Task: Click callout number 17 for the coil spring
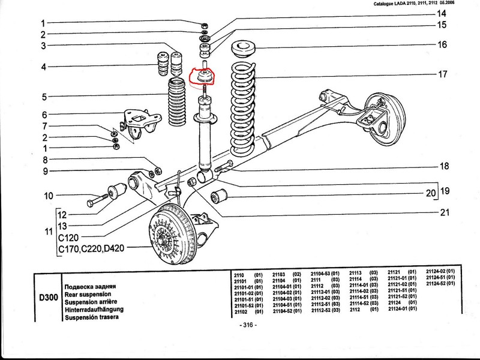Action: (x=442, y=75)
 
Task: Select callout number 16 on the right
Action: (x=442, y=45)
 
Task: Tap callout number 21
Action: (x=445, y=212)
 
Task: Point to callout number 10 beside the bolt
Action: (x=49, y=196)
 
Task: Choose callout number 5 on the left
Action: (x=44, y=97)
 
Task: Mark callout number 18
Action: (x=445, y=166)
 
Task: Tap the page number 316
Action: (x=247, y=325)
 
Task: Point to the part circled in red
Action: (x=204, y=77)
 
